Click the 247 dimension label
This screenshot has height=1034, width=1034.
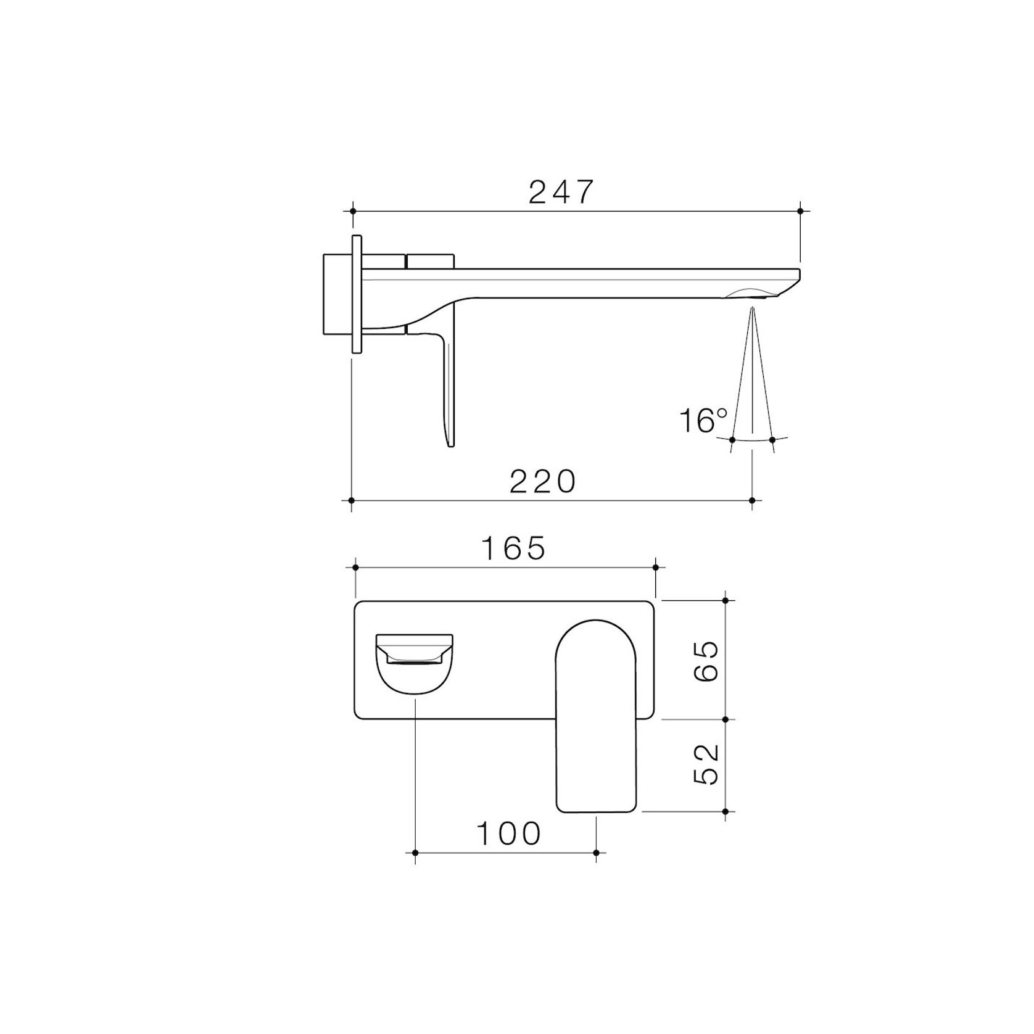point(561,192)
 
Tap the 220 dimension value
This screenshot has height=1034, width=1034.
point(542,481)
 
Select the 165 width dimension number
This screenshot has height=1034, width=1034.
point(513,548)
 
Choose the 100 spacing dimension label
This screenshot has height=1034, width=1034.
point(508,834)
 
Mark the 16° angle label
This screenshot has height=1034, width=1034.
point(703,421)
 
